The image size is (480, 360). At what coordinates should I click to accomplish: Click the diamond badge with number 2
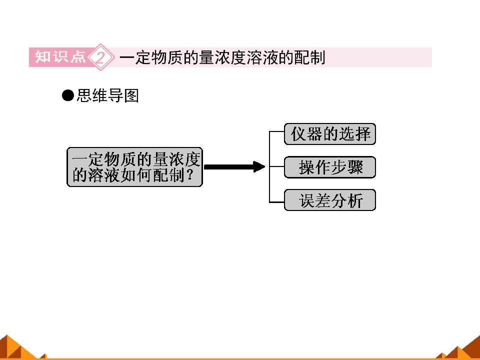[x=100, y=57]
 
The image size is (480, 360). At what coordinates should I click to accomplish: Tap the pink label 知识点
[x=60, y=57]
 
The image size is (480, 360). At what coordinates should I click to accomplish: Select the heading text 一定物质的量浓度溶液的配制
[x=222, y=57]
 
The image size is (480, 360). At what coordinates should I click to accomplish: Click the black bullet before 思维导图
[x=67, y=95]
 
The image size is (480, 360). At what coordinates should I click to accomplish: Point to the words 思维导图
[x=108, y=95]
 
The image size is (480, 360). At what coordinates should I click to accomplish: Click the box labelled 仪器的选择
[x=330, y=134]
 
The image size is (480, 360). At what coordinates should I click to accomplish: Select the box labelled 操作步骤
[x=330, y=167]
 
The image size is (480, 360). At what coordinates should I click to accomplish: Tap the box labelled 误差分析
[x=330, y=200]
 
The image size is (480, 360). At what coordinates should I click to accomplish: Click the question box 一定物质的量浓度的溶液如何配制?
[x=134, y=167]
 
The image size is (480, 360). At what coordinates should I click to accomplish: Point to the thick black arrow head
[x=259, y=167]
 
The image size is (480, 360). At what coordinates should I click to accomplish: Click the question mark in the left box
[x=190, y=175]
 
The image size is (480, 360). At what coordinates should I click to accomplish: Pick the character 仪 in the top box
[x=298, y=134]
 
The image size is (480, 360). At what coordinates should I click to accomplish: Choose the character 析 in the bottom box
[x=355, y=200]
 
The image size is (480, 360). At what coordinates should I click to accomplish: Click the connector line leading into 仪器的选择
[x=276, y=131]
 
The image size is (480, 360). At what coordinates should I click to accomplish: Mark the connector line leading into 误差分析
[x=276, y=202]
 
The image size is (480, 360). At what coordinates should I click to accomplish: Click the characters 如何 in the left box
[x=136, y=175]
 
